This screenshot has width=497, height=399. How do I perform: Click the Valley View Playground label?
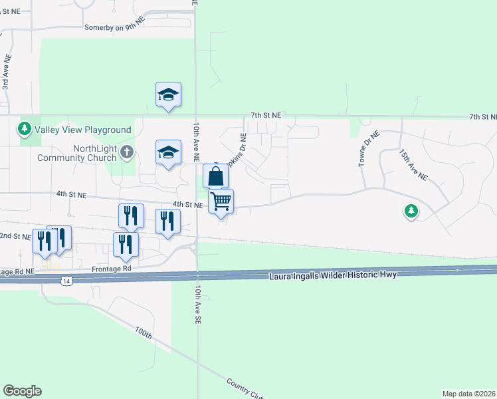coord(83,130)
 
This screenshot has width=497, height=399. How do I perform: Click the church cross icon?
coord(127,154)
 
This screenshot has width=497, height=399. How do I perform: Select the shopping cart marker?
coord(221,200)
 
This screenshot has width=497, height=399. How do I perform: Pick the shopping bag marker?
coord(215,177)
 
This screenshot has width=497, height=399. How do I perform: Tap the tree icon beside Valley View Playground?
coord(25,128)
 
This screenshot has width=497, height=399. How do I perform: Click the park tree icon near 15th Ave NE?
coord(411,211)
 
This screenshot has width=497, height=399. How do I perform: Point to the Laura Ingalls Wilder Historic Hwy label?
coord(333,275)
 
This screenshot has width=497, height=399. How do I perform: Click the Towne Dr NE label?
coord(367,148)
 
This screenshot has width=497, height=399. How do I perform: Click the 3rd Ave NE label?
coord(6,72)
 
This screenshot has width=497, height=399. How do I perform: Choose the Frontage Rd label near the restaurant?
coord(117,269)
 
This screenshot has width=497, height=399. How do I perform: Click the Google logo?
coord(22,391)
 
